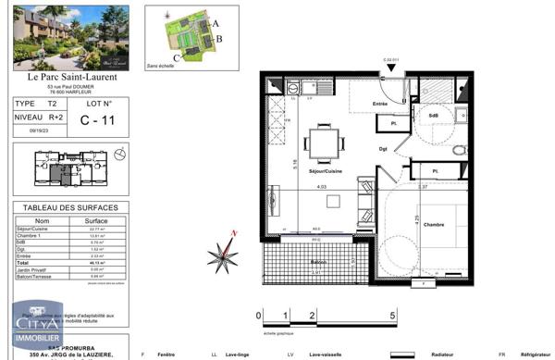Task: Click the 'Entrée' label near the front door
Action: point(379,105)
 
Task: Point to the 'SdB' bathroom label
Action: point(433,115)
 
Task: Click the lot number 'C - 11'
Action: point(96,119)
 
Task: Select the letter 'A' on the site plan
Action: point(215,21)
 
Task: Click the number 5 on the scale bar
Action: point(394,316)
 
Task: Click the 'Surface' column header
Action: point(96,222)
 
